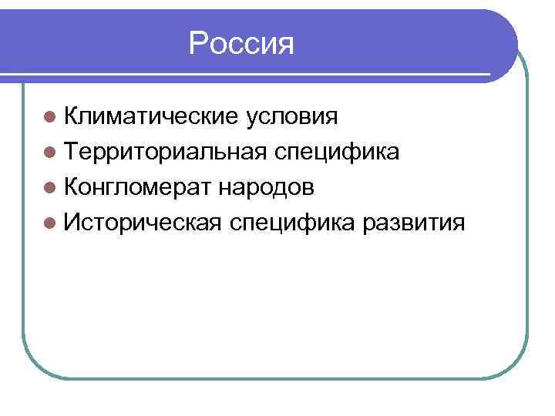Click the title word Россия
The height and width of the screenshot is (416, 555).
(x=241, y=44)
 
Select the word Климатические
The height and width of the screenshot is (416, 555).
(x=150, y=117)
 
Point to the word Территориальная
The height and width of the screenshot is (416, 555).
(x=166, y=153)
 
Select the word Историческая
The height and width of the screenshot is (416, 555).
(x=144, y=223)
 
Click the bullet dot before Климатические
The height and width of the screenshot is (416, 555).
(x=49, y=118)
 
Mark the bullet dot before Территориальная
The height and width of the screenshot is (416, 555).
(x=49, y=153)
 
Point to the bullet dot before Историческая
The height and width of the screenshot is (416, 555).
(x=49, y=224)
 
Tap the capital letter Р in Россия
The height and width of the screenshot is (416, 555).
(x=197, y=44)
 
